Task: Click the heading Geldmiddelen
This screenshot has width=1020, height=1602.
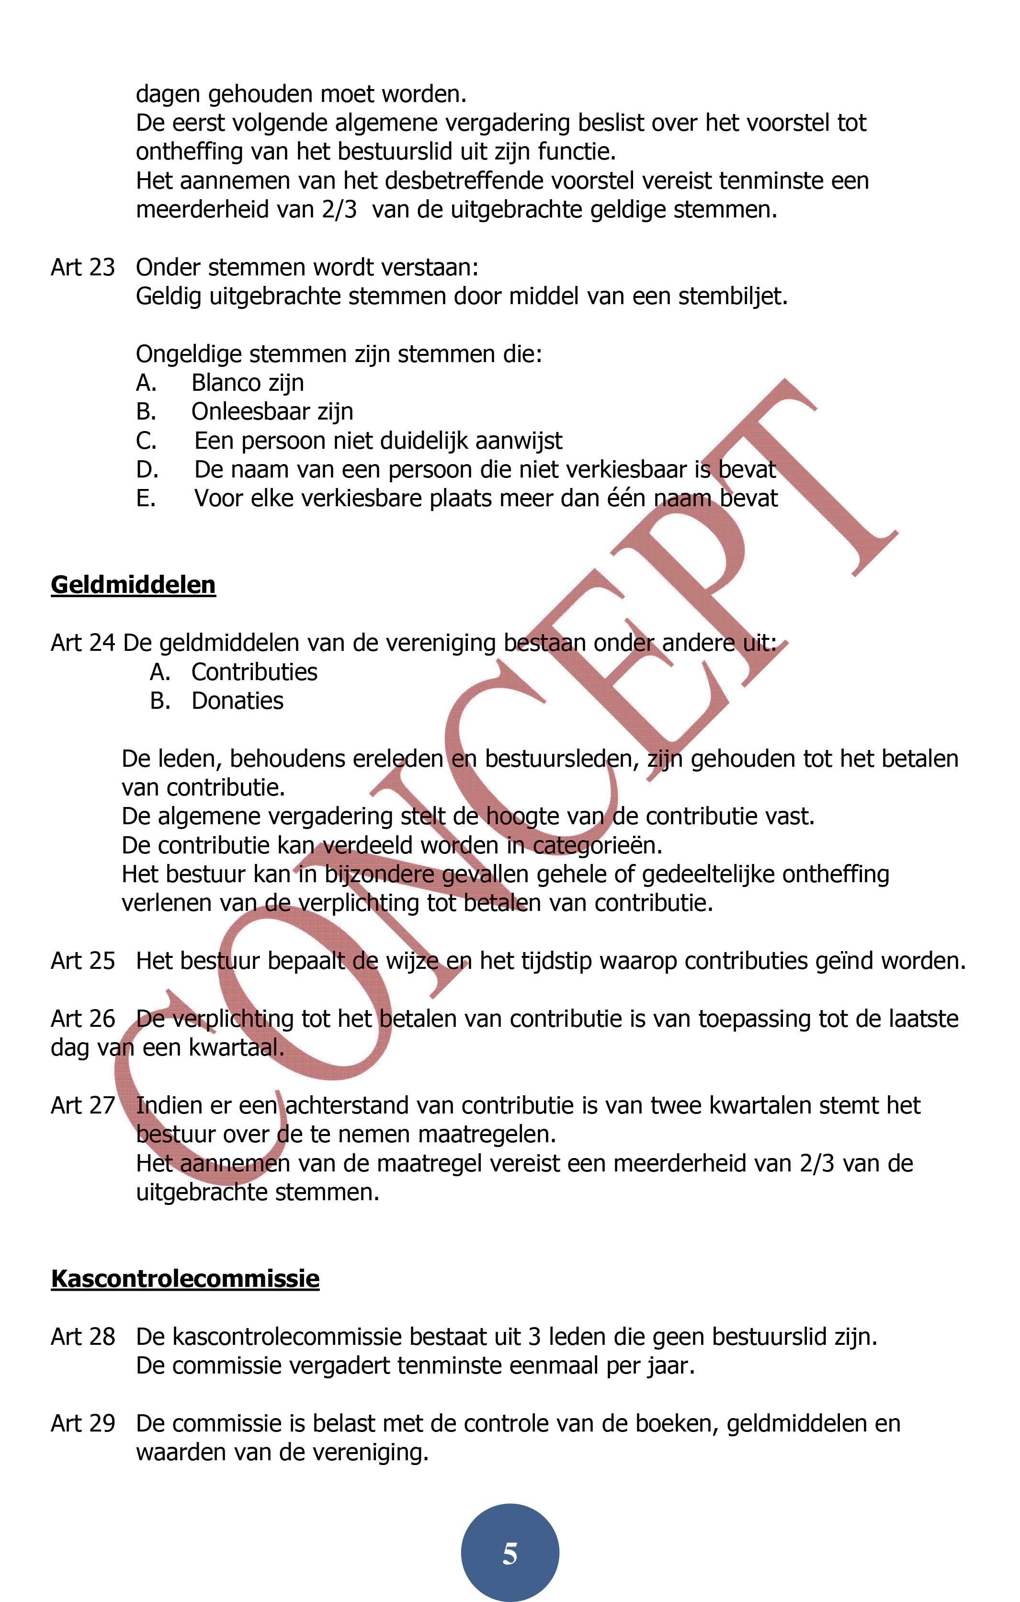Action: (x=133, y=585)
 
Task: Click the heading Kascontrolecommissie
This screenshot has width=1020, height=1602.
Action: (x=185, y=1279)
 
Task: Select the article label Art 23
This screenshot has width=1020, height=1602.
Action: (x=82, y=267)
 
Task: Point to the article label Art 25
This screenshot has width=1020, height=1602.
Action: (x=82, y=961)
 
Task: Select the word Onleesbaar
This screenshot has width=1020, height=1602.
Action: (x=251, y=412)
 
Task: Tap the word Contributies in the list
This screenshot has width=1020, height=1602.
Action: (x=254, y=672)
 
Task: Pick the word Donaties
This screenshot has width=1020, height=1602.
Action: (x=237, y=701)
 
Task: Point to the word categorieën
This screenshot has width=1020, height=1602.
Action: (x=597, y=846)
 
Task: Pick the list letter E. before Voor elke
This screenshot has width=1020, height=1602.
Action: (x=146, y=498)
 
